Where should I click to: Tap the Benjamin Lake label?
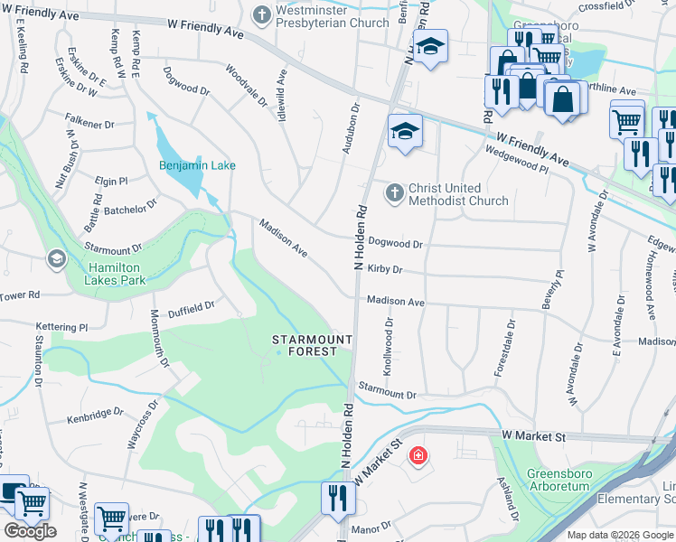(x=197, y=165)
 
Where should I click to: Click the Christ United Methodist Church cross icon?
(x=394, y=192)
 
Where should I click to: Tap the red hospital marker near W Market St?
(x=418, y=455)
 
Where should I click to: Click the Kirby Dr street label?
(x=384, y=269)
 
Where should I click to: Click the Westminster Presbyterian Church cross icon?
(x=261, y=14)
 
